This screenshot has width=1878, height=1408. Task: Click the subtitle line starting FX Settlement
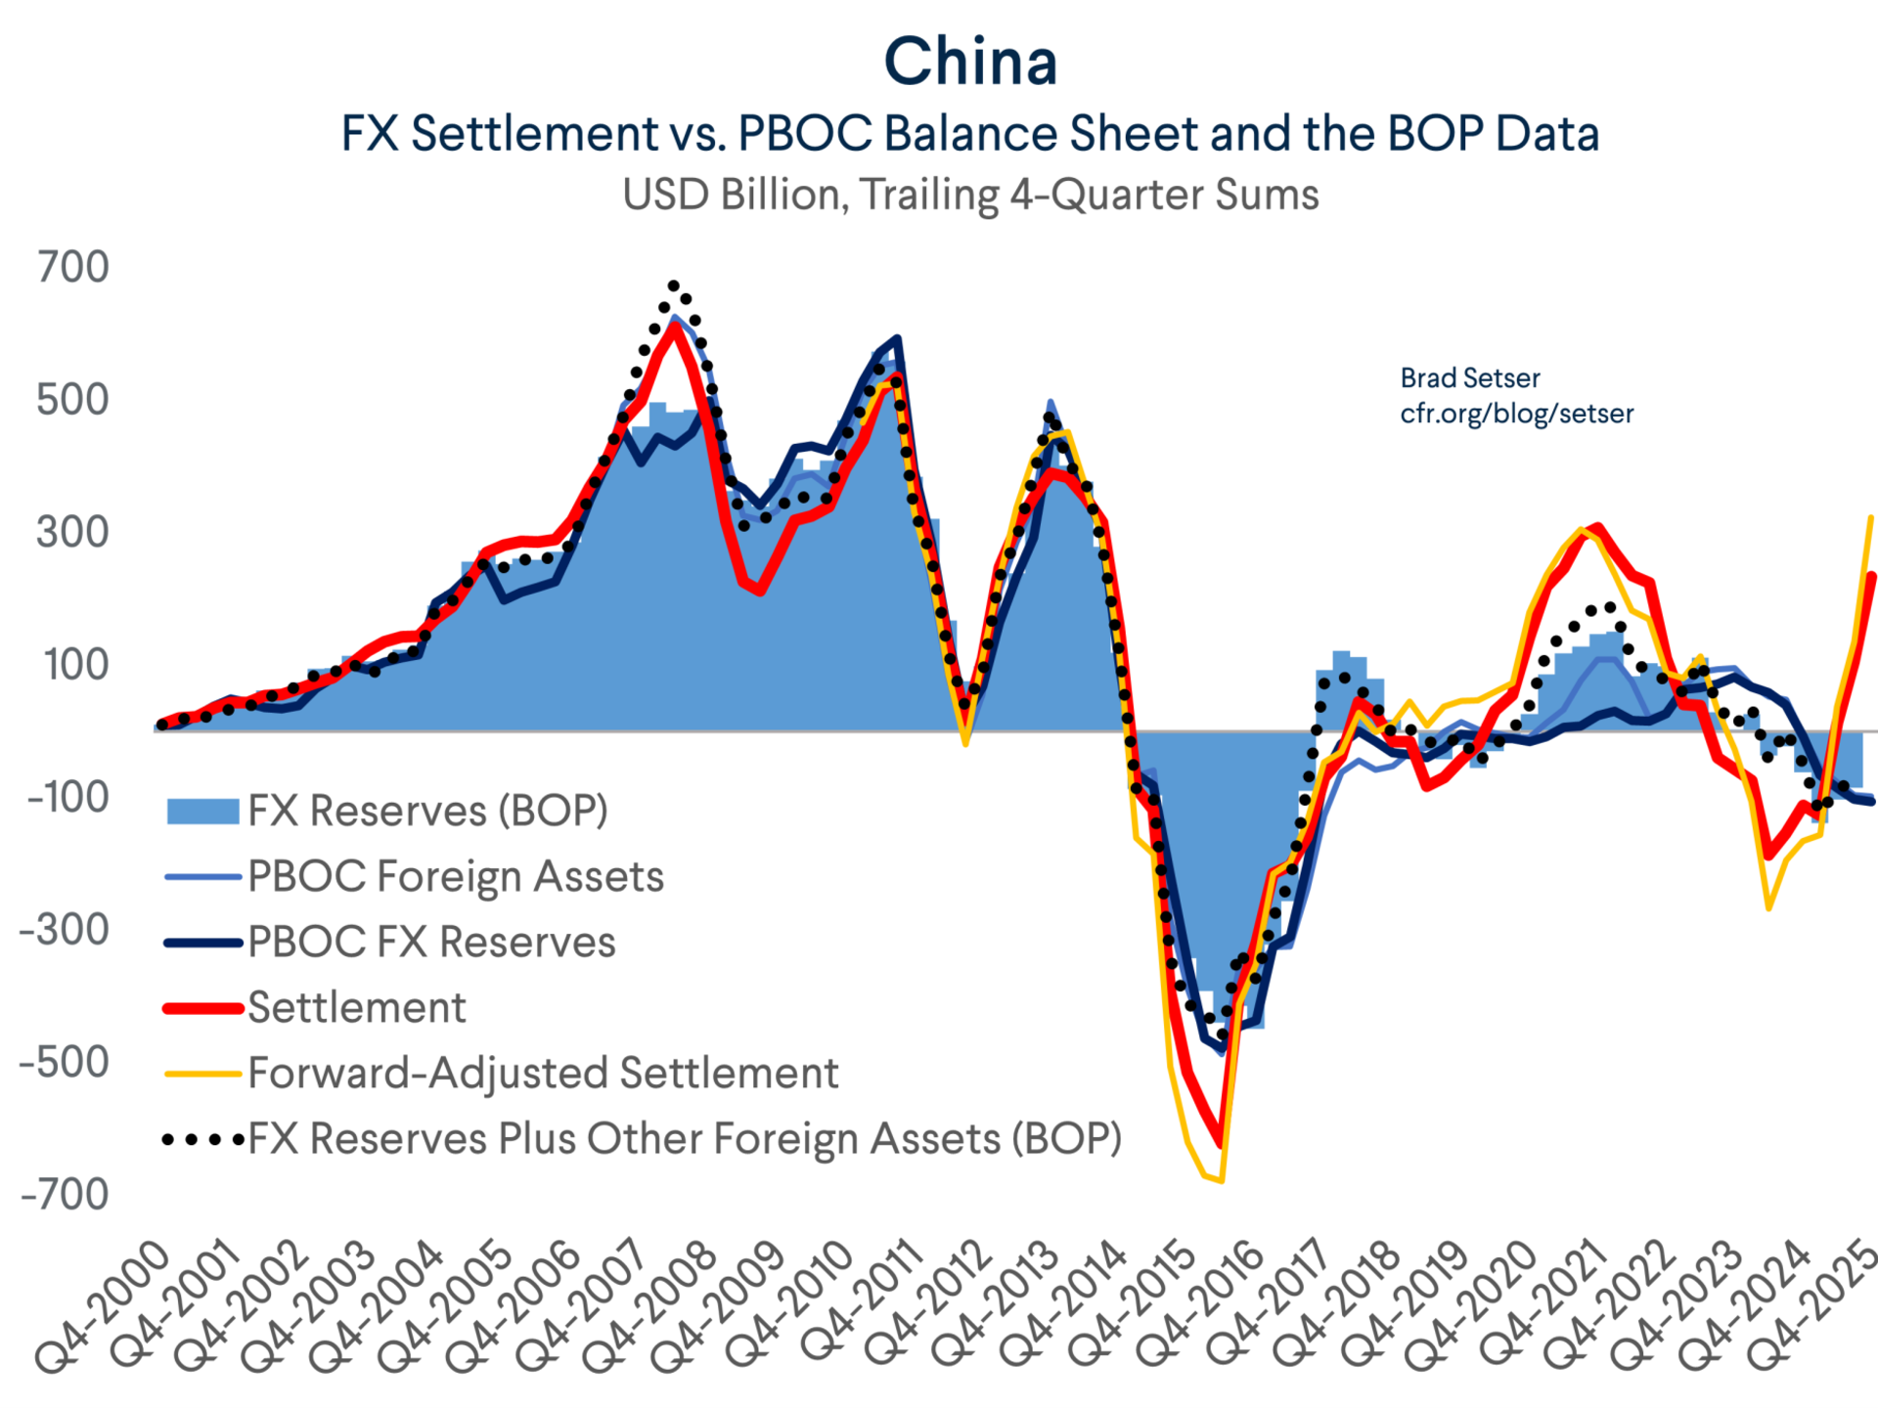970,133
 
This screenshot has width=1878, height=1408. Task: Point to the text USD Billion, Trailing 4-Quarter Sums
970,195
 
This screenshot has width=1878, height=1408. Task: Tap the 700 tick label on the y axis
73,267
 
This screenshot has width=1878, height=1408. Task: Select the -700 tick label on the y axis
65,1194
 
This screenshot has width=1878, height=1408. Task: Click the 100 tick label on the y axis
76,665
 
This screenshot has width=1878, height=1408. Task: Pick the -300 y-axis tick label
65,929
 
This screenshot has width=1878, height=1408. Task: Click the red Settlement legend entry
356,1007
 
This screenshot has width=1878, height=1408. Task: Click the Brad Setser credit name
1469,378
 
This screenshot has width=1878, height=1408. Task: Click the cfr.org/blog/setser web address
1516,414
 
